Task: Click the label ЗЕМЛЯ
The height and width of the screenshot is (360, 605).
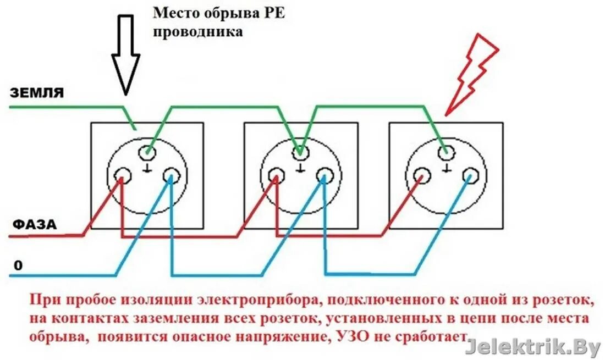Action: point(37,93)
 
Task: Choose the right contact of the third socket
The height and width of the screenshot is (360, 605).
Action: point(470,176)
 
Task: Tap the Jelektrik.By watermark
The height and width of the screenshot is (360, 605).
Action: point(533,347)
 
